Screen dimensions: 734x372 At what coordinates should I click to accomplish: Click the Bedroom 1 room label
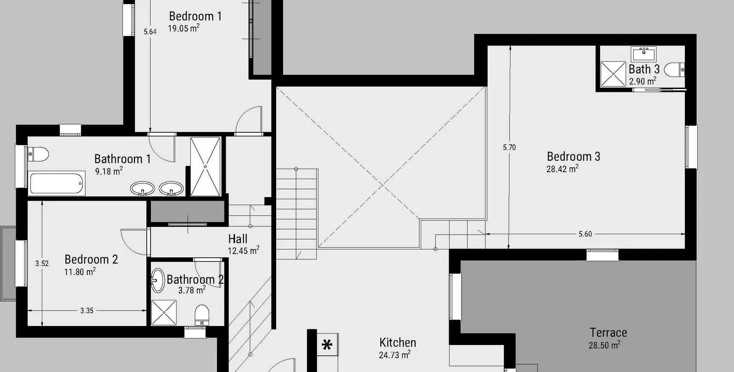point(195,16)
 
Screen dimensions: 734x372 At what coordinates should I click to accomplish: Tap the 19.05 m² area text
point(184,28)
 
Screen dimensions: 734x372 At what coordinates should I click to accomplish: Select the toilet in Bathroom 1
point(39,154)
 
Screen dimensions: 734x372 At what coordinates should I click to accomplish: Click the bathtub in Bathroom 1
point(57,184)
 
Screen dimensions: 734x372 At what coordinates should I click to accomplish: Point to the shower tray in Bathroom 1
point(206,167)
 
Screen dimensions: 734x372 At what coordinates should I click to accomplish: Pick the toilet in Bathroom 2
point(202,315)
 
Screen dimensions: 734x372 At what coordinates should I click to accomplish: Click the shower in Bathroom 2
point(164,313)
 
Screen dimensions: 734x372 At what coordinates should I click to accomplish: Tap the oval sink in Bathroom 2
point(158,281)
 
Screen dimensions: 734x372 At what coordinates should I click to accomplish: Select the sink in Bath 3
point(644,54)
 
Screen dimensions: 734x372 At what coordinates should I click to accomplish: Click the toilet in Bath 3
point(674,69)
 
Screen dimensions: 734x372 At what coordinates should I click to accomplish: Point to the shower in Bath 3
point(613,74)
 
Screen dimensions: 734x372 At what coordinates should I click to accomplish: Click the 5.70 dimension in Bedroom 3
point(509,147)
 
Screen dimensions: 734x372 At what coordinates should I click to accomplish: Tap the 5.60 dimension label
point(585,234)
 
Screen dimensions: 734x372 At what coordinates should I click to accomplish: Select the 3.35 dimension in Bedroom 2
point(87,310)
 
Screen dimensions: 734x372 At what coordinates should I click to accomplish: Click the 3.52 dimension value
point(42,263)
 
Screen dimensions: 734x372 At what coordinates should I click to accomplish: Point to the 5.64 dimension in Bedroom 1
point(150,32)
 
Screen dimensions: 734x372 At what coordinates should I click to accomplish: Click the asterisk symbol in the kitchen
point(327,345)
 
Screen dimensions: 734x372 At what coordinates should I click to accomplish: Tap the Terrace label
point(608,333)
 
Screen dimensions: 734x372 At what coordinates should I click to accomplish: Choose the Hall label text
point(238,239)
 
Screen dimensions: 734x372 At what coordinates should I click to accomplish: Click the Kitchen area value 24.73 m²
point(395,355)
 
